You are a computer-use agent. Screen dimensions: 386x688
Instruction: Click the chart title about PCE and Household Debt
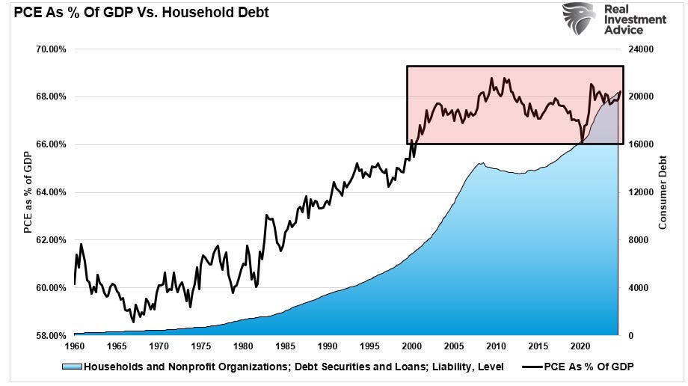(x=135, y=13)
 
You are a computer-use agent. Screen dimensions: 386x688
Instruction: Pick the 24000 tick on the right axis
(x=637, y=49)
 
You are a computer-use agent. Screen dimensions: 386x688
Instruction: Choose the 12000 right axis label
(x=637, y=192)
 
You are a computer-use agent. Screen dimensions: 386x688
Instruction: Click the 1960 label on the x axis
(x=75, y=347)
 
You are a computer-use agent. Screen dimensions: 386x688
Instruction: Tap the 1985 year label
(x=286, y=347)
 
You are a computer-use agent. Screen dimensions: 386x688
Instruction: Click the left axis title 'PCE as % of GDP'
(x=28, y=192)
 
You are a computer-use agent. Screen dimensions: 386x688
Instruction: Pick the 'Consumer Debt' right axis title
(x=663, y=192)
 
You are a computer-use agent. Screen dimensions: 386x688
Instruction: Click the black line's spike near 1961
(x=81, y=244)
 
